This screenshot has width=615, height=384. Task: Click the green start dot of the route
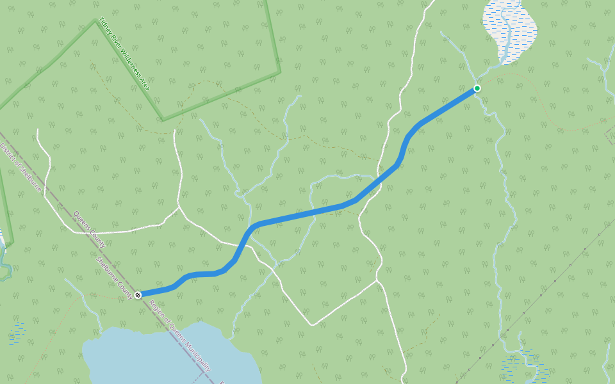coord(477,88)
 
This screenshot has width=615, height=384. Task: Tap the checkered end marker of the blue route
coord(138,294)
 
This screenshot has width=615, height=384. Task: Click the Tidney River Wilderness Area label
coord(124,54)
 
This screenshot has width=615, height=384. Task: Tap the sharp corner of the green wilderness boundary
coord(163,120)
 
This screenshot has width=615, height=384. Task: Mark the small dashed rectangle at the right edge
coord(611,134)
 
